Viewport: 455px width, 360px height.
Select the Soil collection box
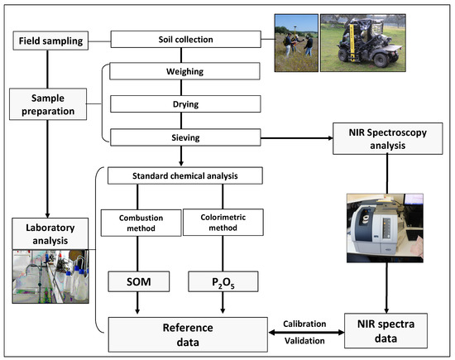[x=184, y=39]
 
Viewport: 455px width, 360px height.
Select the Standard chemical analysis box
[x=184, y=175]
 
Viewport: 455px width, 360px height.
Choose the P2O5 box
[x=222, y=283]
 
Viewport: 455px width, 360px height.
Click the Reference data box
[x=184, y=330]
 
